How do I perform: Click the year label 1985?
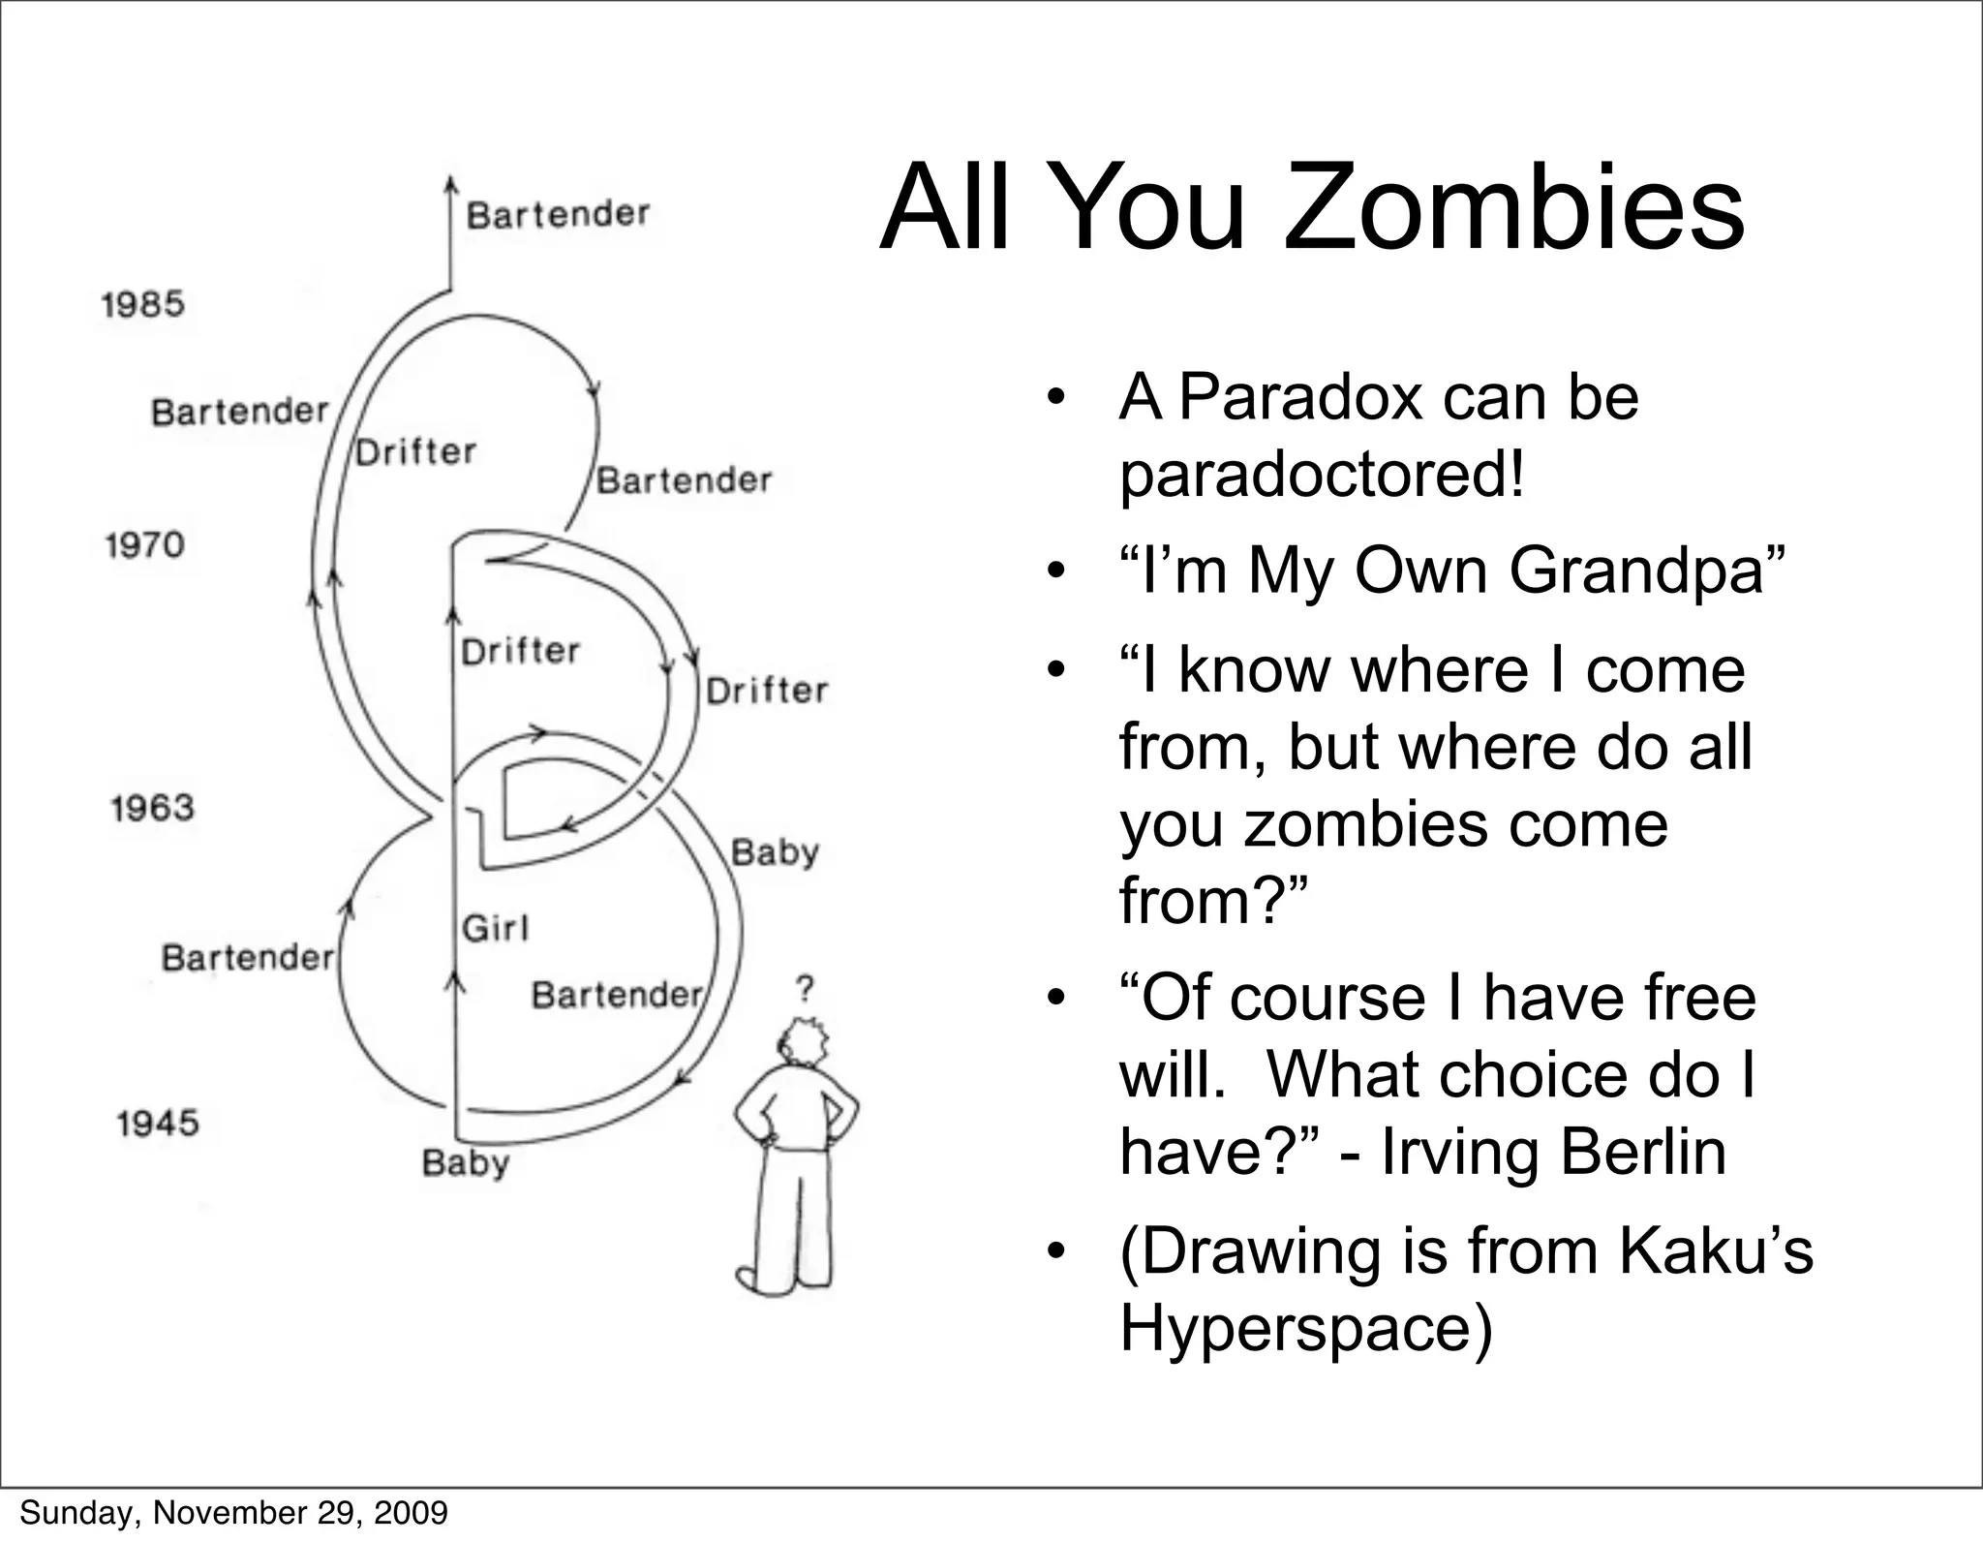click(142, 304)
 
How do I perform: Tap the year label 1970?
click(144, 545)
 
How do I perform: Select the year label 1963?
click(152, 808)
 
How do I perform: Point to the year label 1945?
click(157, 1124)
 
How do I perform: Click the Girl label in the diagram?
click(495, 929)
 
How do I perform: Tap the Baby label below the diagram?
click(465, 1163)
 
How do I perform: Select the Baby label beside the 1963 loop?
click(775, 853)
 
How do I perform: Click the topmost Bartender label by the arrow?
click(558, 214)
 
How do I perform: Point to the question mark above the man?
click(805, 989)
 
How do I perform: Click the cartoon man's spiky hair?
click(805, 1041)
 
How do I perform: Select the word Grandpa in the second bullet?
click(1646, 570)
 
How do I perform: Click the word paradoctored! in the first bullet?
click(1322, 475)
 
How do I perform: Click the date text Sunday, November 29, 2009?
click(233, 1512)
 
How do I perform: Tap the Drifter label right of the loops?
click(767, 691)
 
